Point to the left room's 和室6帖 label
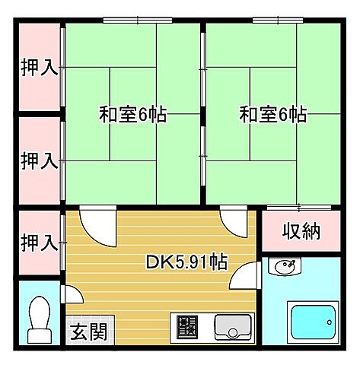[x=133, y=116]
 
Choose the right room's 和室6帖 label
[x=273, y=116]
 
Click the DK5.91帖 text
[x=186, y=262]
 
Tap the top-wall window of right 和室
[x=274, y=19]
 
